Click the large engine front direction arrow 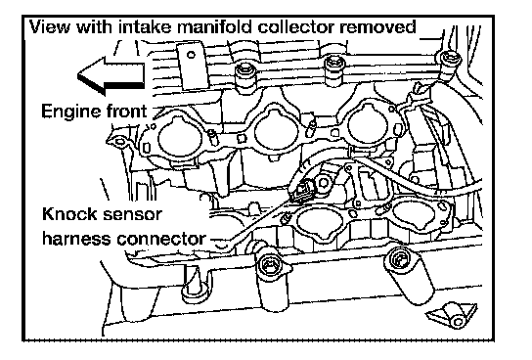111,76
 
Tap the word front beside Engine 126,111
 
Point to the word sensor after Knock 132,215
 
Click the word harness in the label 77,238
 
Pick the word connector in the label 161,239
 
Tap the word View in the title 51,26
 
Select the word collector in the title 297,26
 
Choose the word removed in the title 377,27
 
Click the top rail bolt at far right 451,61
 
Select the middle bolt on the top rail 334,65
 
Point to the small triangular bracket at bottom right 452,315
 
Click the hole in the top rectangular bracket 192,54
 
